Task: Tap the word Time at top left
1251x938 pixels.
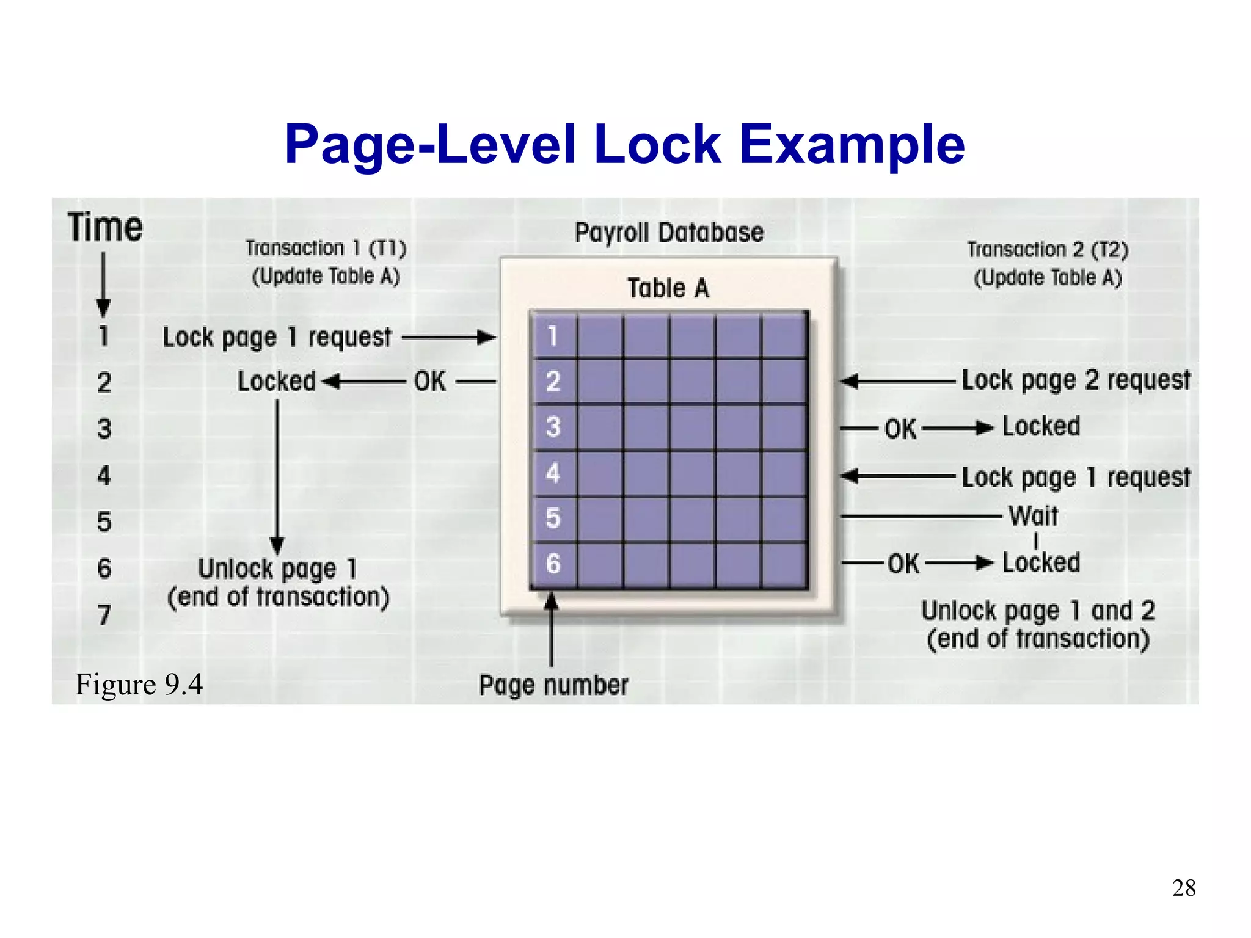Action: point(105,227)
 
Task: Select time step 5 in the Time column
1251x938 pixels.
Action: point(104,522)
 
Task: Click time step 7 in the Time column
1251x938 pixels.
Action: point(104,615)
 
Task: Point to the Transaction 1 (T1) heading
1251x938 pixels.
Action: point(326,249)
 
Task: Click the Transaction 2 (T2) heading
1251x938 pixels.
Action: point(1047,250)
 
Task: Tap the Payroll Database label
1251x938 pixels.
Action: point(669,233)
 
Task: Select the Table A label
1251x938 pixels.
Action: point(668,288)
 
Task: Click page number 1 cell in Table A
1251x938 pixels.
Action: point(553,336)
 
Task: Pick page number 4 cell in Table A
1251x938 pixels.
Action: point(553,473)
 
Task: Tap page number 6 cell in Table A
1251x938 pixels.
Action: point(553,564)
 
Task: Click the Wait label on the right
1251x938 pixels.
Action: point(1034,516)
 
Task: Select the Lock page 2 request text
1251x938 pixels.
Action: point(1076,380)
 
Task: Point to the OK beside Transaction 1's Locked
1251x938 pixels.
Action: point(429,382)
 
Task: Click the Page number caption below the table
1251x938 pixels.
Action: point(553,685)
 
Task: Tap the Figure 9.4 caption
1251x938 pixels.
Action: point(139,684)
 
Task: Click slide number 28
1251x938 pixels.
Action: point(1183,888)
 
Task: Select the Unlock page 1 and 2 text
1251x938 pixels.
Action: point(1038,611)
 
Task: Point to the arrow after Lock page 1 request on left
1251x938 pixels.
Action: point(449,337)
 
